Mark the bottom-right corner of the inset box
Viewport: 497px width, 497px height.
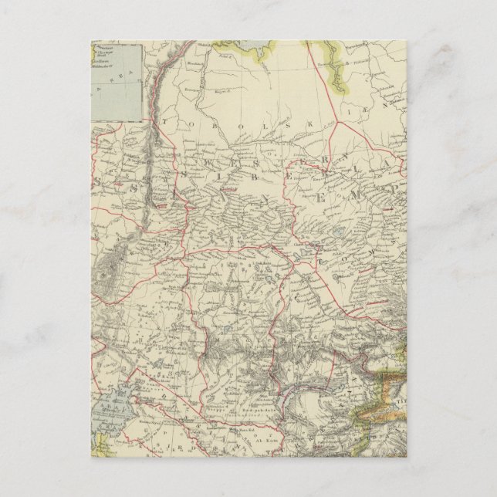144,121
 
